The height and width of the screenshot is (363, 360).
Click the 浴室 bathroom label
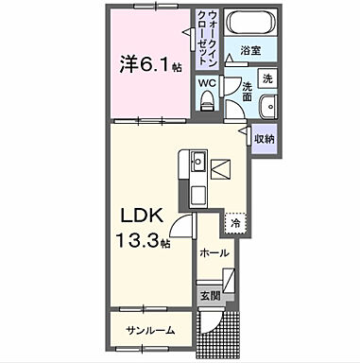pyautogui.click(x=249, y=51)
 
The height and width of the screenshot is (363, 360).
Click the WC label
pyautogui.click(x=208, y=82)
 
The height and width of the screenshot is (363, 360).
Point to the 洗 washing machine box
pyautogui.click(x=267, y=78)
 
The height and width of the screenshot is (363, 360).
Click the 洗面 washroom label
pyautogui.click(x=246, y=91)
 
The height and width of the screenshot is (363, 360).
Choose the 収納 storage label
pyautogui.click(x=264, y=139)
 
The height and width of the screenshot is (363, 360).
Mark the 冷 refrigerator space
pyautogui.click(x=233, y=225)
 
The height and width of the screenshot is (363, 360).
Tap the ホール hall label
pyautogui.click(x=213, y=253)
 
